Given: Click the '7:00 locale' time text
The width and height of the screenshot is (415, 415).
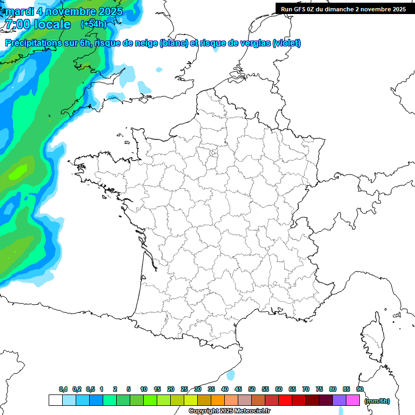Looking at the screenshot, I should pos(38,24).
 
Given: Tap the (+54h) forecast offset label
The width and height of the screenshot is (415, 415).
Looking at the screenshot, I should pos(93,24).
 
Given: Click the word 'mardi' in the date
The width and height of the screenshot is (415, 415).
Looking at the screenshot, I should pos(19,10).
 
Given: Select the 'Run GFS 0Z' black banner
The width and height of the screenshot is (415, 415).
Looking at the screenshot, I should pos(343,9).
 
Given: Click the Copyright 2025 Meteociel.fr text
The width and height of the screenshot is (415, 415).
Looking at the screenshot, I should pos(229,411).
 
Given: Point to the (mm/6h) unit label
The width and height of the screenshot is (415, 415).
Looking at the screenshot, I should pos(377,401).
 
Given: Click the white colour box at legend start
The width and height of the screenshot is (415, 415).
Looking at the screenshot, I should pos(55,400).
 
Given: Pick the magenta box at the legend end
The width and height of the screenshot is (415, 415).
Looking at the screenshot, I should pos(353,400).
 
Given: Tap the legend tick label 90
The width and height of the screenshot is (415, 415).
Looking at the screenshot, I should pos(359,389).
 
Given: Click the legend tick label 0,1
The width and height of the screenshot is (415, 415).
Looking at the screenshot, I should pos(63,389).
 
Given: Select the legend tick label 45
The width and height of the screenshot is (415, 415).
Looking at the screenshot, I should pos(238,389).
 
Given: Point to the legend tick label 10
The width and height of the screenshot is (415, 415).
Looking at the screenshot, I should pos(143,389).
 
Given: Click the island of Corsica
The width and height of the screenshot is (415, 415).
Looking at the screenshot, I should pos(373,338).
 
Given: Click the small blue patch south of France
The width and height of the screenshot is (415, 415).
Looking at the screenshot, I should pos(231,374).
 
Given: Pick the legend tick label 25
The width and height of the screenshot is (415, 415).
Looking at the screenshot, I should pos(184,389).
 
